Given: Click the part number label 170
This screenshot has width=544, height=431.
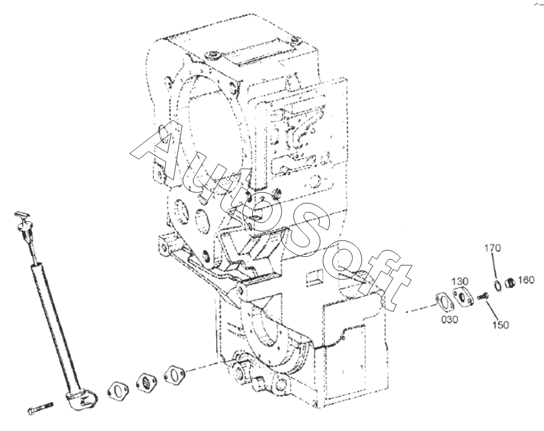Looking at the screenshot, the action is tap(492, 248).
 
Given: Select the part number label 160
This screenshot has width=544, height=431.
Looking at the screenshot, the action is tap(526, 280).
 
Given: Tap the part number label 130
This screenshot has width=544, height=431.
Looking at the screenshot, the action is tap(460, 281).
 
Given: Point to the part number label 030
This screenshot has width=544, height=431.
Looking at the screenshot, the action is tap(449, 319).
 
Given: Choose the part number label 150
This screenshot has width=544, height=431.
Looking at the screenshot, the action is tap(500, 325).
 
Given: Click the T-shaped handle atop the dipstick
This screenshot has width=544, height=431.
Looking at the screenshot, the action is tap(22, 215).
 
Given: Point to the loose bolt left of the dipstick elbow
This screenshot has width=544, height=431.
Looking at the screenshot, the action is tap(40, 408).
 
